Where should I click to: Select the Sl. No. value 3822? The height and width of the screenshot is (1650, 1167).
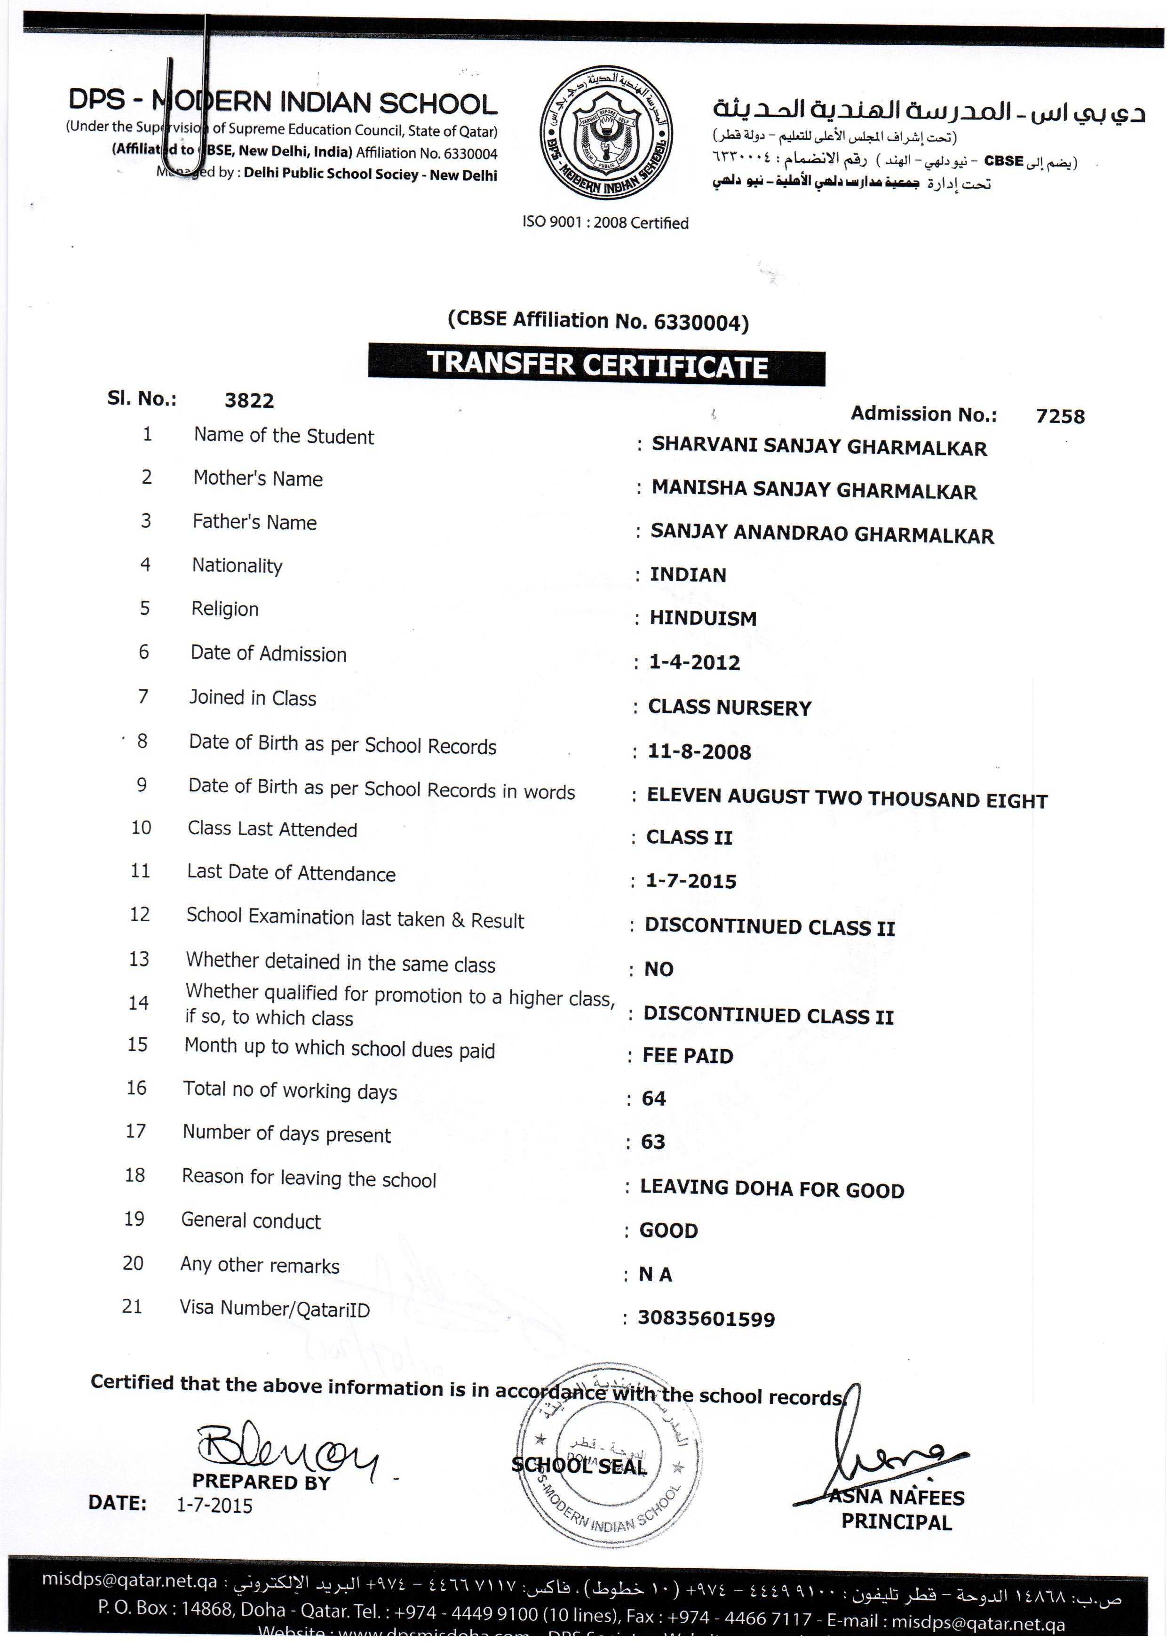tap(249, 400)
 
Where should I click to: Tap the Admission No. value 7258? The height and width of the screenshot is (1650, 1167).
tap(1060, 416)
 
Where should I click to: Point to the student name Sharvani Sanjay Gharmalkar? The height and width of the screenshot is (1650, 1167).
tap(819, 447)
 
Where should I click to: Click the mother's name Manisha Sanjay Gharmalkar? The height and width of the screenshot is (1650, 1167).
tap(814, 490)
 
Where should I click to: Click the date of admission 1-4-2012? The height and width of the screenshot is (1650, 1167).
tap(694, 662)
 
